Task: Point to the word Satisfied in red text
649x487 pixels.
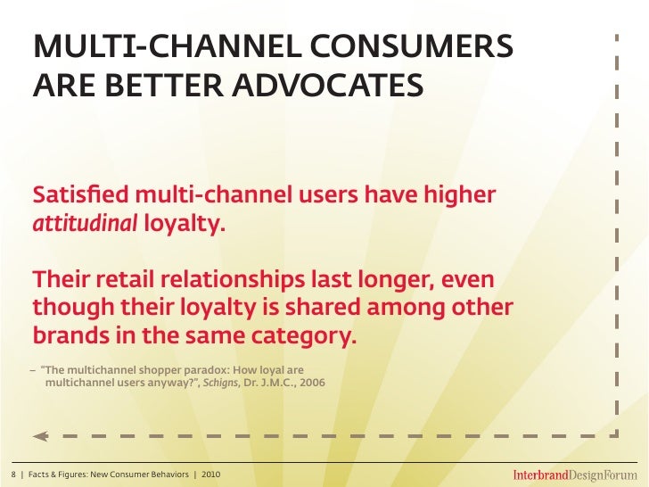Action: point(74,194)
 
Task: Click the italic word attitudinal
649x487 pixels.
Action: point(85,223)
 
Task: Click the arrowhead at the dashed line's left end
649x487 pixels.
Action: point(39,436)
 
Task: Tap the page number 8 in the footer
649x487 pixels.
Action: point(12,473)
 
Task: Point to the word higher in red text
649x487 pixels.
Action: point(458,194)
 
